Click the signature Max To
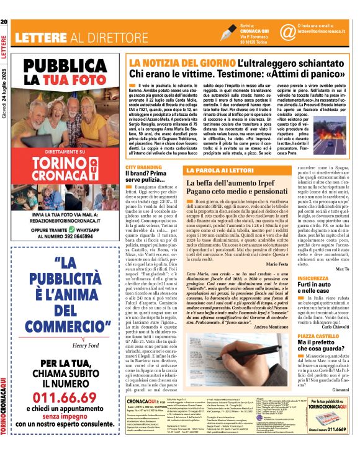click(344, 269)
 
